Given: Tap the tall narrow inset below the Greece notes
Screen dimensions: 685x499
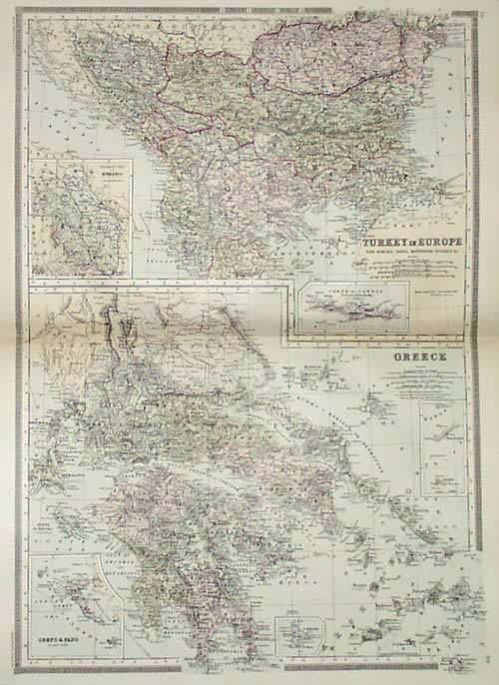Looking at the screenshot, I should (x=443, y=448).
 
